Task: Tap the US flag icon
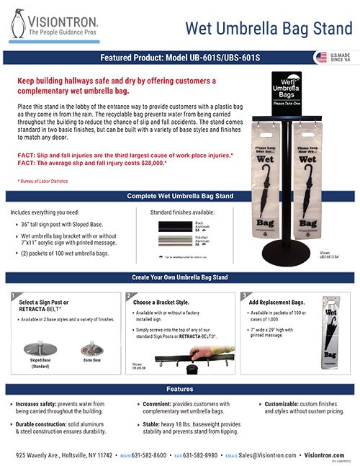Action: point(320,57)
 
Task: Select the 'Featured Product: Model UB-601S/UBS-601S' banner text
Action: point(180,57)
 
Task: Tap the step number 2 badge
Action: point(128,295)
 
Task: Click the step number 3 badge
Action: point(243,295)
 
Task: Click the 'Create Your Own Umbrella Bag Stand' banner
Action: point(180,277)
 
